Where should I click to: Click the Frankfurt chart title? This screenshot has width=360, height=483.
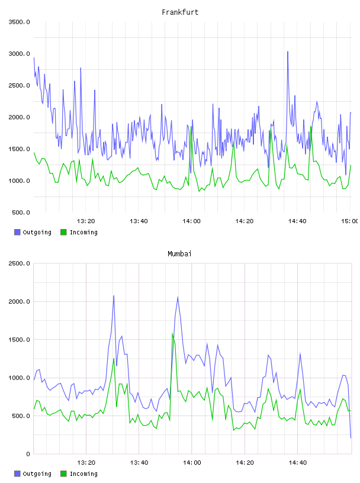point(180,12)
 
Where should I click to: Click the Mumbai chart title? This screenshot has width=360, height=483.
point(179,254)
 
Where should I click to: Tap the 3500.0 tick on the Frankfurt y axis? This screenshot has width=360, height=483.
point(19,22)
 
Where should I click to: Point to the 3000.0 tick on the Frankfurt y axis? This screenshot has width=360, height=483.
point(19,54)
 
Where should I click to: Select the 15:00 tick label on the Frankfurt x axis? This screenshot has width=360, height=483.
point(350,221)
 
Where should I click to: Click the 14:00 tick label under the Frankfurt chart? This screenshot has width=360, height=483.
point(191,221)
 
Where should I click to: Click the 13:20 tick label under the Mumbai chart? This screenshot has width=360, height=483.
point(86,463)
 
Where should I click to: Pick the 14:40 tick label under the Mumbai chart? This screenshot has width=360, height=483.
point(298,463)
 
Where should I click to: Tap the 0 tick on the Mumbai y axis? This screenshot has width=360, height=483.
point(28,454)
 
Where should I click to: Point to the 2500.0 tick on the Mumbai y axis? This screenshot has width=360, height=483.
point(19,263)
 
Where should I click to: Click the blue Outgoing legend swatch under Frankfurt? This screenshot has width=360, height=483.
point(17,232)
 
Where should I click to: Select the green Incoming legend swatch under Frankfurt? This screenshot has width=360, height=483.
point(63,232)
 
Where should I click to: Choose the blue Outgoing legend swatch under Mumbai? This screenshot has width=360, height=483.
point(17,474)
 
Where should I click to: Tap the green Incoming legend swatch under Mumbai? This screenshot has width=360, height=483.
point(63,474)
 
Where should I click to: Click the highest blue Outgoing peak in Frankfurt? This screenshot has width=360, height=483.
point(288,51)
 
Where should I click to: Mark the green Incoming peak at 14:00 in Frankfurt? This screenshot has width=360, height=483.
point(191,127)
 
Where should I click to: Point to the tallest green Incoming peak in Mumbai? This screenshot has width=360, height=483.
point(172,333)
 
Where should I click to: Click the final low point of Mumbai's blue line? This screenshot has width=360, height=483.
point(351,437)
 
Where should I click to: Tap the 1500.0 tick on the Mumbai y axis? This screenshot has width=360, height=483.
point(19,340)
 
